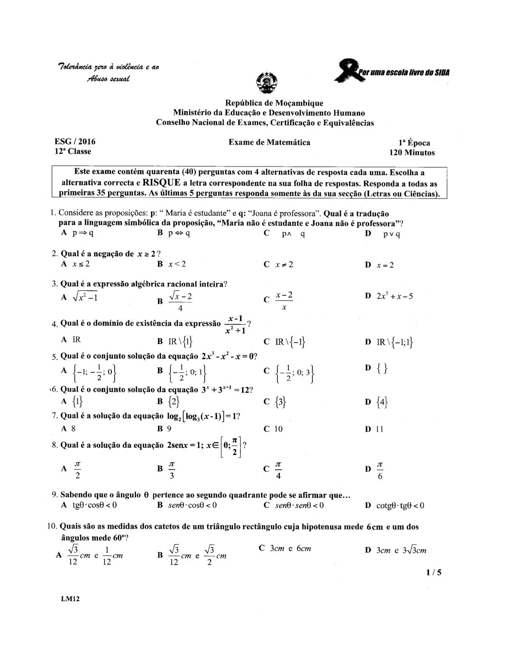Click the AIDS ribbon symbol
click(351, 71)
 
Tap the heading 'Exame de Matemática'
click(269, 142)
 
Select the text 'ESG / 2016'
click(75, 141)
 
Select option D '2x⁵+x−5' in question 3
click(389, 297)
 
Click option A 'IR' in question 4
click(72, 340)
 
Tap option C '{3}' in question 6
click(276, 402)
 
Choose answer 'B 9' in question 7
click(165, 429)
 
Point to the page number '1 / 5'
click(433, 572)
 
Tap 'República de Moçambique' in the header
click(274, 103)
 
